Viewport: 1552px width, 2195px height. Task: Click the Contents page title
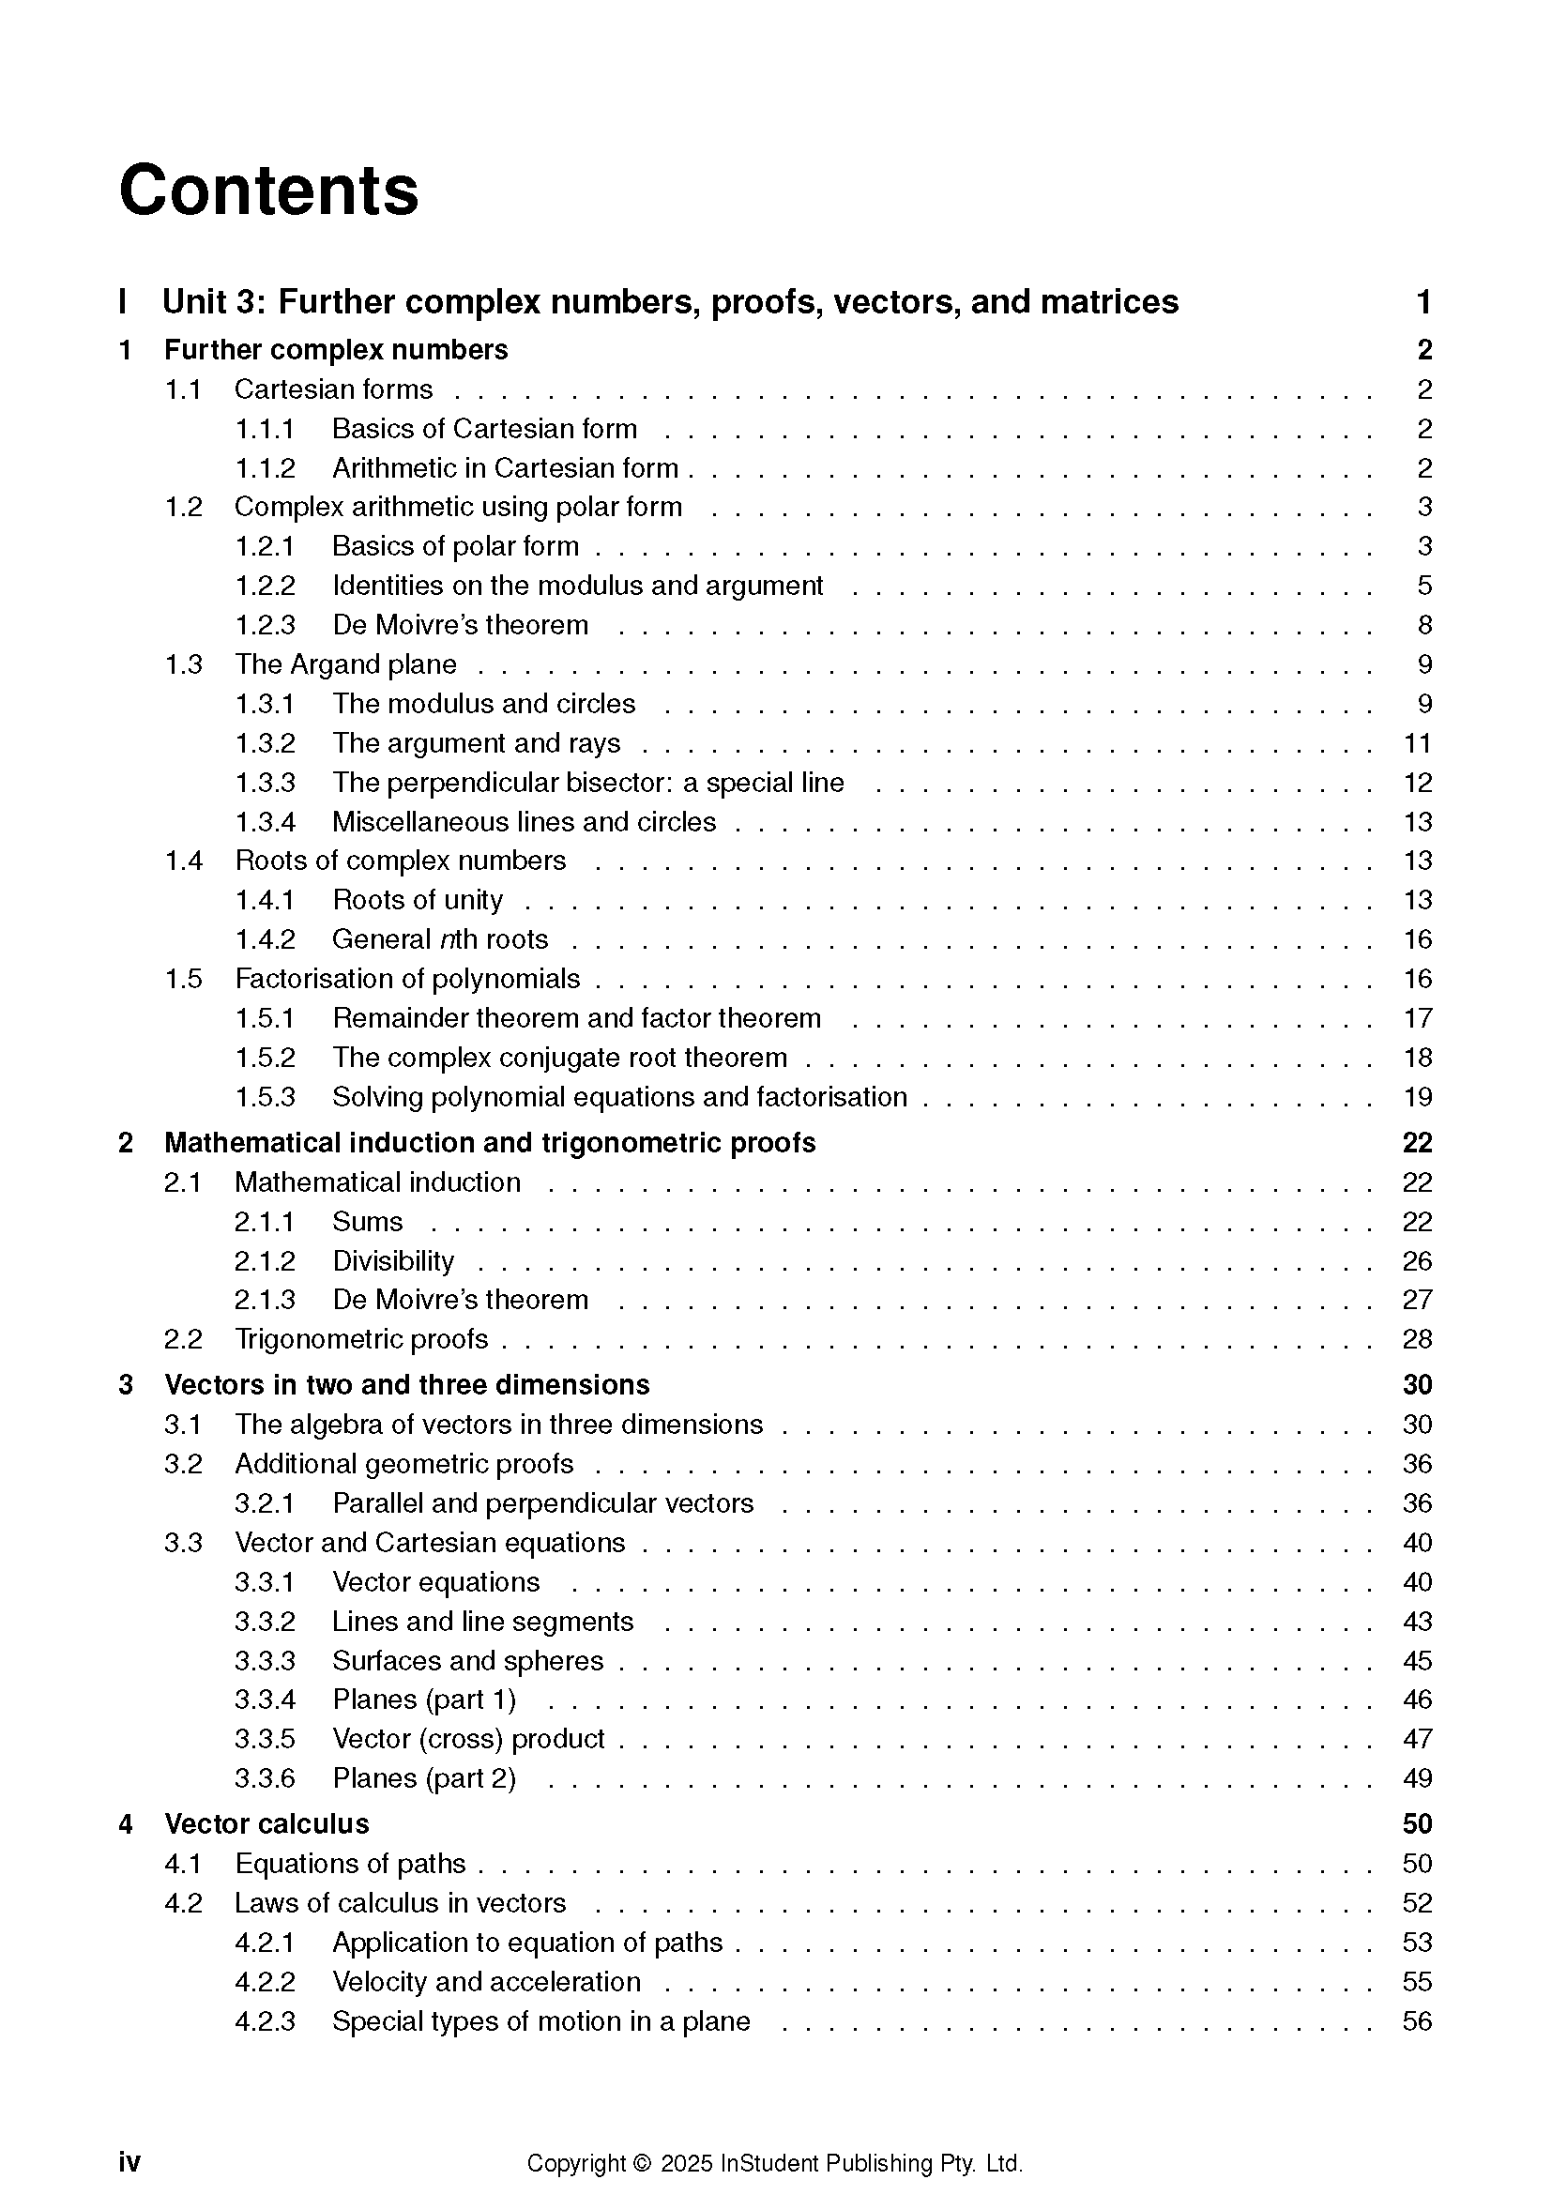point(268,191)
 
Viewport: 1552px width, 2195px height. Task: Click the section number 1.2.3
point(265,625)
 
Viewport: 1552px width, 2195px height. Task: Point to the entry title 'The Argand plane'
point(346,664)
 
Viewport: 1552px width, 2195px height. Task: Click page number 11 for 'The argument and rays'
point(1417,743)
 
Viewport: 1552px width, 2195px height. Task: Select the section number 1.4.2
point(265,939)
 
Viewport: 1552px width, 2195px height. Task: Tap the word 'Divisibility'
point(393,1261)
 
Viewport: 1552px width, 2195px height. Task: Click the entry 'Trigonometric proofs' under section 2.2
point(361,1339)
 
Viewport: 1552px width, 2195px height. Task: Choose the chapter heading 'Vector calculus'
point(266,1824)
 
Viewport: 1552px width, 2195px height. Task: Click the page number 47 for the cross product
point(1417,1739)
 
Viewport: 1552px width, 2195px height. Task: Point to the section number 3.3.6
point(265,1778)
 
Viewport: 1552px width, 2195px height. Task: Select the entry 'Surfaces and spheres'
point(467,1661)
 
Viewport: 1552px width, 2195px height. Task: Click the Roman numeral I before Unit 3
point(122,302)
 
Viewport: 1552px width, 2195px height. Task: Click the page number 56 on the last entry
point(1417,2021)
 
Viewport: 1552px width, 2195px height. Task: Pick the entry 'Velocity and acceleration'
point(486,1982)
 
